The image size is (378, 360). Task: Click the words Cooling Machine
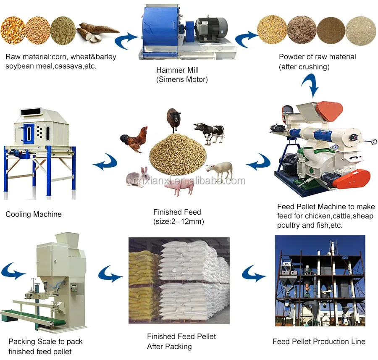tap(34, 214)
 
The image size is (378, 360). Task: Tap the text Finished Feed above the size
tap(177, 212)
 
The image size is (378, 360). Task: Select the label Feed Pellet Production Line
tap(319, 342)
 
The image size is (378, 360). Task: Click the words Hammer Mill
tap(177, 71)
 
